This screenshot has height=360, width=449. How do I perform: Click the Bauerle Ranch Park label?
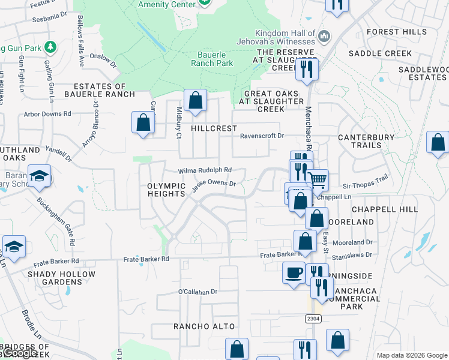(212, 58)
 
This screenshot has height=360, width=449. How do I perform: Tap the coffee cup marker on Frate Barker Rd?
(294, 272)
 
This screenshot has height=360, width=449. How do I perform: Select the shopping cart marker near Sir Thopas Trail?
(317, 179)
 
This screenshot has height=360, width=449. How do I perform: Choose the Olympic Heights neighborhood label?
(166, 190)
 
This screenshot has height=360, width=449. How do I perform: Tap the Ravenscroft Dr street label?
(262, 136)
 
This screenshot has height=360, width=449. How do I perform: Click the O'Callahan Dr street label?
(197, 292)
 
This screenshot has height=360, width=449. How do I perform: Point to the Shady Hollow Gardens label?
(61, 278)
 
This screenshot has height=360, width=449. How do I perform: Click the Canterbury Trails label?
(367, 141)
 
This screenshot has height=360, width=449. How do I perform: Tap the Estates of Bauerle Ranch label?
(100, 90)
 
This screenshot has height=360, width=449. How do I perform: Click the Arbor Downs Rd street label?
(47, 113)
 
